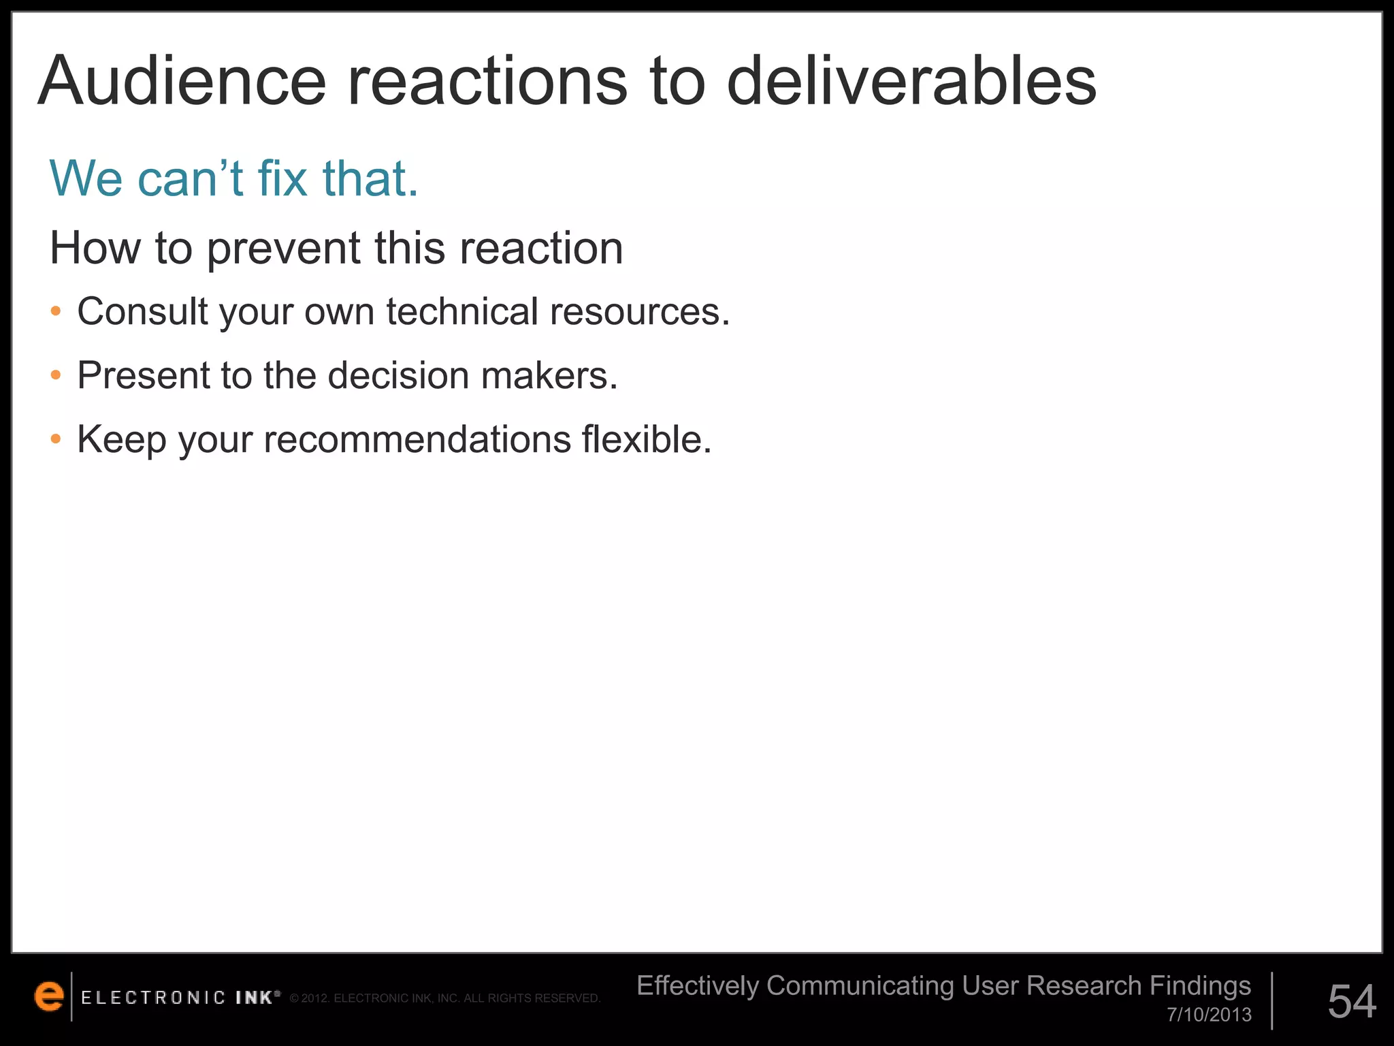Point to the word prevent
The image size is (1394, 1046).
282,249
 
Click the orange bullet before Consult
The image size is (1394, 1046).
56,312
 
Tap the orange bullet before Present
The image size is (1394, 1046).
56,375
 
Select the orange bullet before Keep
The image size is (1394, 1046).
56,439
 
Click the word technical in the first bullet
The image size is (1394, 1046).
462,311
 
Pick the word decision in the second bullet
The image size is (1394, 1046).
398,375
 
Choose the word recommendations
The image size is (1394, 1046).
417,439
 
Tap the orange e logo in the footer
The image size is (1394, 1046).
49,996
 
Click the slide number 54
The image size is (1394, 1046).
1352,1001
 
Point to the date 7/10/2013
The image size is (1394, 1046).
1209,1015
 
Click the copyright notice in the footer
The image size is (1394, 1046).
445,998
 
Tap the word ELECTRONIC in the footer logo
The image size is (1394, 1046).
153,998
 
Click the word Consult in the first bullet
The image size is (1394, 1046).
142,311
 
